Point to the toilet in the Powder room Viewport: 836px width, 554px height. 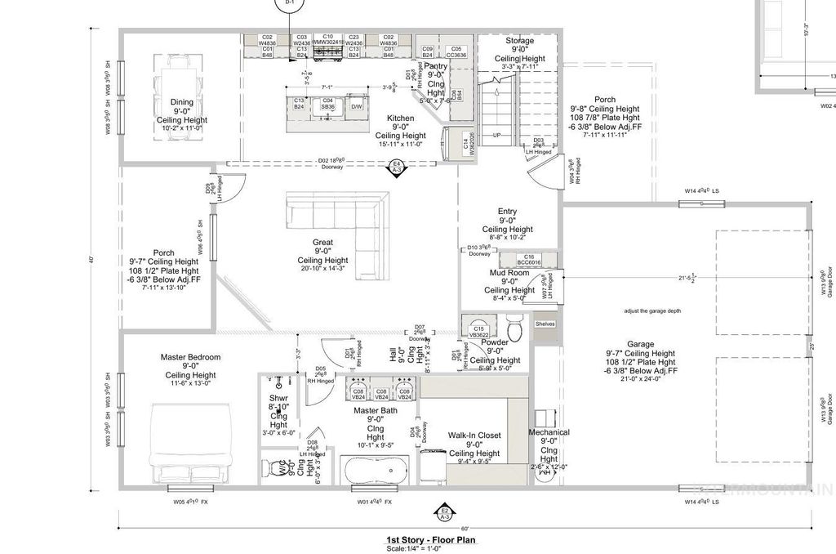pos(512,321)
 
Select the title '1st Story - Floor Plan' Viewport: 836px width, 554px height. pos(430,540)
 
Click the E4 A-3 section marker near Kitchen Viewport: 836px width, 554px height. pos(398,168)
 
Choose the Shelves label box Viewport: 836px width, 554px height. pos(545,324)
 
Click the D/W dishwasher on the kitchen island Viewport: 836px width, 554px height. pos(357,106)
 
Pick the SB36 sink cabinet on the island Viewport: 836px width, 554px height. pos(327,105)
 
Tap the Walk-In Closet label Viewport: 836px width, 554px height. pos(474,436)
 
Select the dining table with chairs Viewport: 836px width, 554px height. pos(175,80)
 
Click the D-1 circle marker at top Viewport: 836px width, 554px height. pos(288,4)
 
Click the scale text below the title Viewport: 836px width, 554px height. pos(430,548)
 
